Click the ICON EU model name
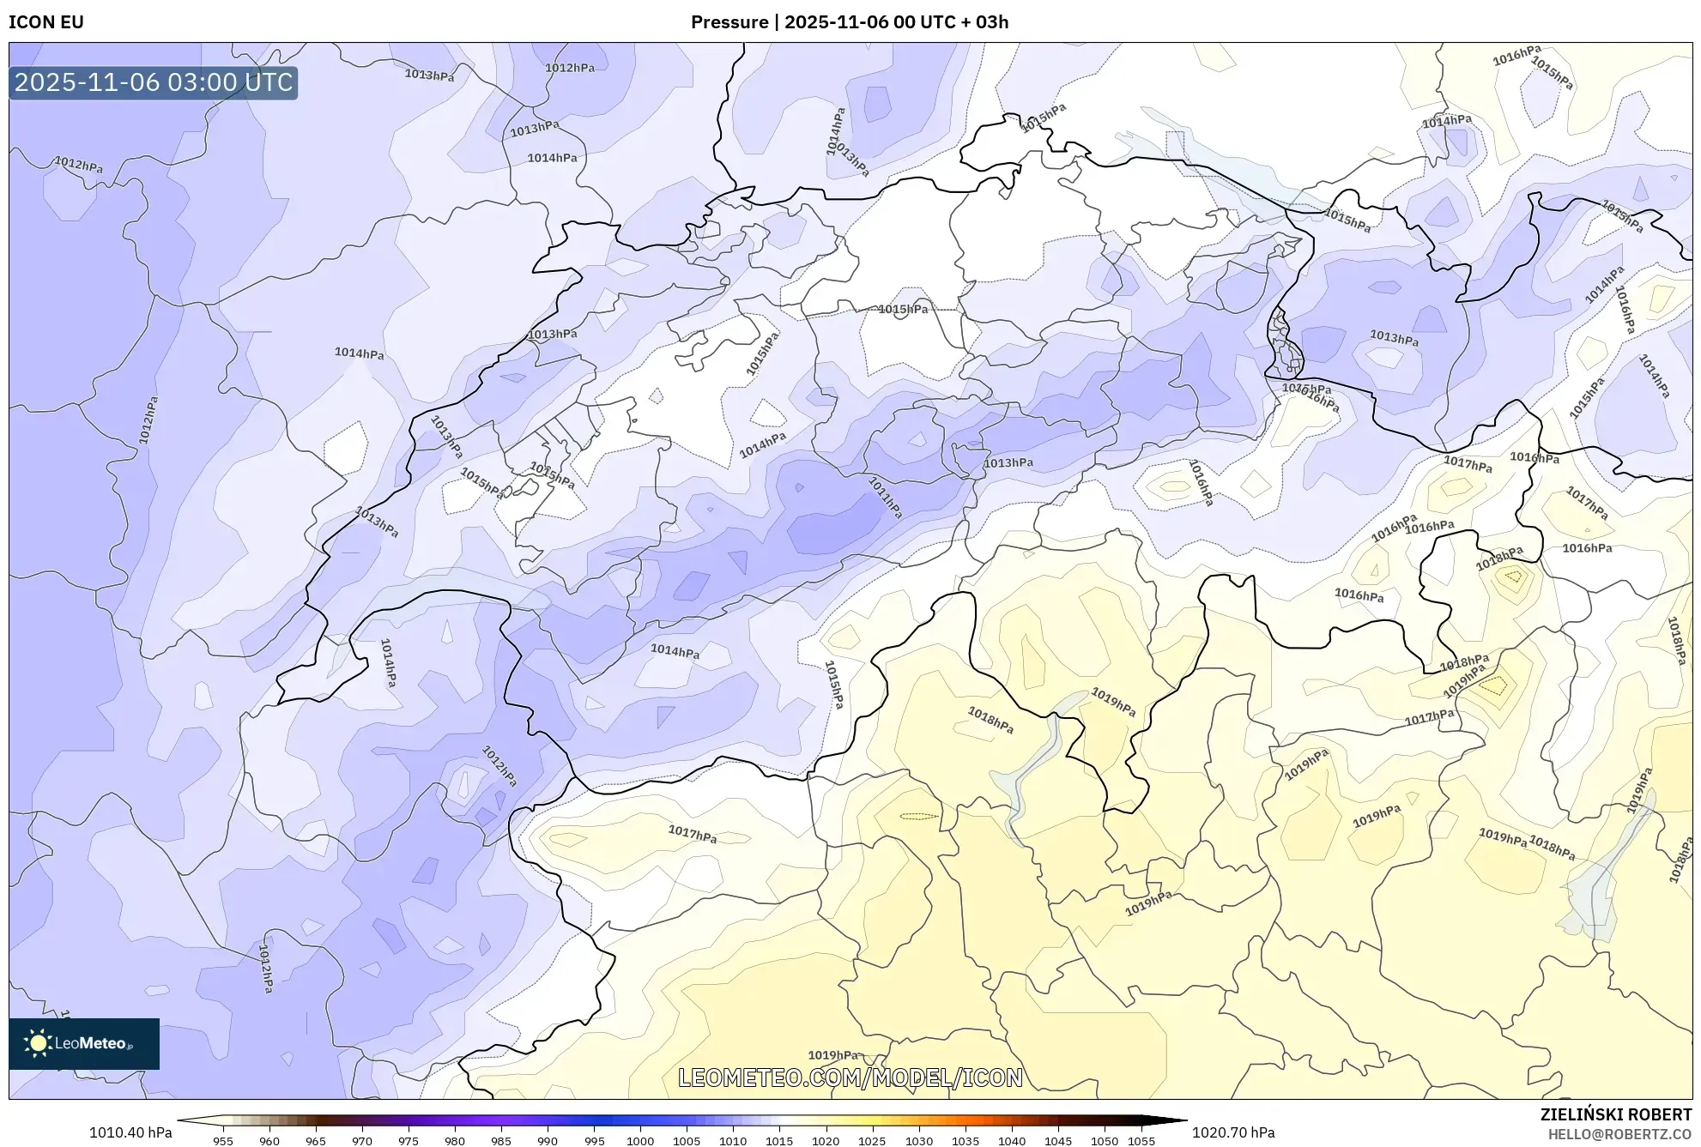tap(46, 22)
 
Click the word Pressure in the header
tap(729, 22)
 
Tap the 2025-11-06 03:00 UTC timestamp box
tap(154, 83)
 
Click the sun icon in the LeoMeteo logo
tap(38, 1042)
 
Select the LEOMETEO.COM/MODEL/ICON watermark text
tap(850, 1078)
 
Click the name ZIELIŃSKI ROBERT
tap(1615, 1114)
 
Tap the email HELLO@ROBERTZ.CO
tap(1619, 1134)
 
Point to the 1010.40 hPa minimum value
tap(130, 1132)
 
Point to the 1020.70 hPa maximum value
tap(1232, 1132)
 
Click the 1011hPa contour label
tap(885, 498)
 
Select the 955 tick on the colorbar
tap(223, 1141)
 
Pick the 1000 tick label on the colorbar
tap(640, 1141)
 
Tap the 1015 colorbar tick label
tap(779, 1141)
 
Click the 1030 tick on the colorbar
tap(918, 1141)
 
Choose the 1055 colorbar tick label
tap(1141, 1141)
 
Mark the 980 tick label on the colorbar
tap(455, 1141)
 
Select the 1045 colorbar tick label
tap(1057, 1141)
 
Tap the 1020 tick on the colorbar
tap(826, 1141)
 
